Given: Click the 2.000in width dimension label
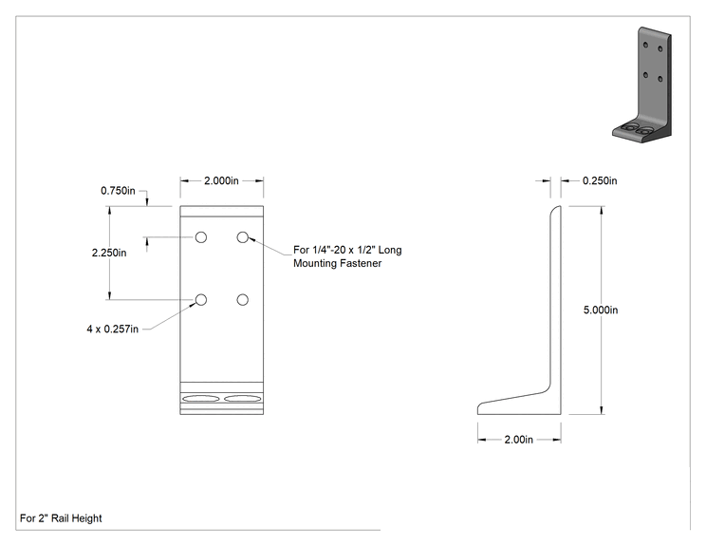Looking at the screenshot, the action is click(x=221, y=180).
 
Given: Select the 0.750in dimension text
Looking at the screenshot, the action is click(x=118, y=191).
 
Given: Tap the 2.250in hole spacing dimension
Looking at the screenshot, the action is click(x=109, y=253).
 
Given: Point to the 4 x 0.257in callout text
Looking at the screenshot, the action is click(x=113, y=329).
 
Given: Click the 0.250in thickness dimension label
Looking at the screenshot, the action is click(x=600, y=180).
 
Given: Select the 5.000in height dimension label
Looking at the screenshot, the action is click(x=601, y=310).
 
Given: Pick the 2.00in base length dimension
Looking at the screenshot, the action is click(x=519, y=440).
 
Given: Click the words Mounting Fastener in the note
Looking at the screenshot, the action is click(x=337, y=263).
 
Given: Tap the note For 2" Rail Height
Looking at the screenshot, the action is click(x=61, y=518).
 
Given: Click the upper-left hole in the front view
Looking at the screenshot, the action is click(x=201, y=237).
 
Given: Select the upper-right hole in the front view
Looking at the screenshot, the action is click(x=243, y=237).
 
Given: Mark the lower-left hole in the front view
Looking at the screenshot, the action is click(x=201, y=299).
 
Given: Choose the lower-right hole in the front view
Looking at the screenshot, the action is click(x=243, y=299).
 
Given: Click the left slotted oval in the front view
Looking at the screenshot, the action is click(x=201, y=398).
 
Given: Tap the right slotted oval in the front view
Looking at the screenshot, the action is click(x=243, y=398).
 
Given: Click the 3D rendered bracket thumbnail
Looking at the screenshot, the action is click(x=642, y=85).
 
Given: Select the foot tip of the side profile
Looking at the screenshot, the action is click(x=478, y=408).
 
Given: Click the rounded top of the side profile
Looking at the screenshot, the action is click(x=556, y=208).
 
